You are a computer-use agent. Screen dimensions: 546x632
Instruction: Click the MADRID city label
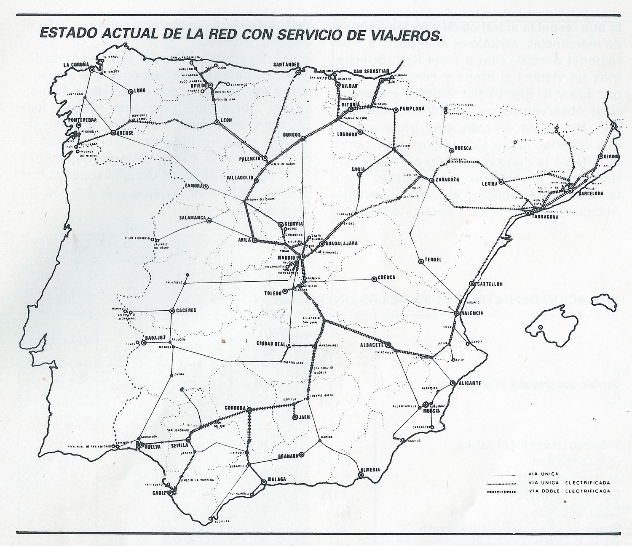point(287,258)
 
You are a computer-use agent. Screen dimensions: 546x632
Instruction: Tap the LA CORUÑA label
point(76,65)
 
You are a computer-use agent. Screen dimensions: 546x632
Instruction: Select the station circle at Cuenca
point(374,279)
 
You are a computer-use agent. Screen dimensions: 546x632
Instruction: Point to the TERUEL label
point(433,260)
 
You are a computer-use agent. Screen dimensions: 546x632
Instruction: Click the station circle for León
point(217,123)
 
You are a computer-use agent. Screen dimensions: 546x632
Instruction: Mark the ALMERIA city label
point(371,470)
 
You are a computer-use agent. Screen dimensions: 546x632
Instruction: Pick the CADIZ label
point(159,493)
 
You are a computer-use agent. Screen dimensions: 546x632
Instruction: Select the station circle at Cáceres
point(172,311)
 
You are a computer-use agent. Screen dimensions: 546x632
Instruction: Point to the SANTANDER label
point(286,64)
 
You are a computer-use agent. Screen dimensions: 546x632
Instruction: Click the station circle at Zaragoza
point(432,180)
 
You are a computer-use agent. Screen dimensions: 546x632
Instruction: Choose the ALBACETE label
point(371,344)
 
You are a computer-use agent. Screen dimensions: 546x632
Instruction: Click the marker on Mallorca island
point(540,327)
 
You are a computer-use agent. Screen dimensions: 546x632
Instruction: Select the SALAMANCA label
point(192,218)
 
